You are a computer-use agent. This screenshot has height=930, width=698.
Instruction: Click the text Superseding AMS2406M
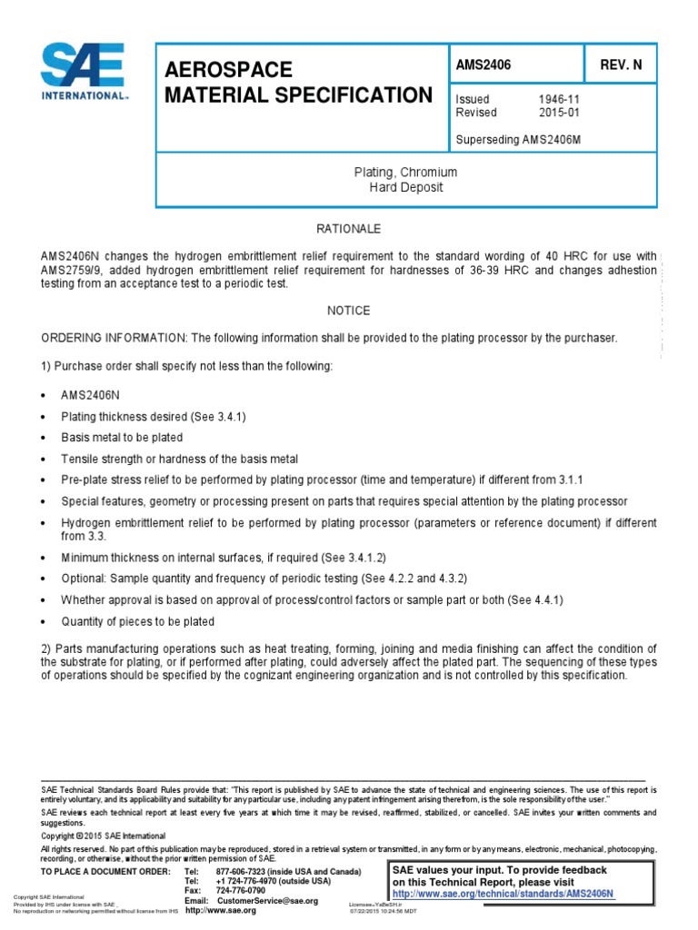pyautogui.click(x=513, y=139)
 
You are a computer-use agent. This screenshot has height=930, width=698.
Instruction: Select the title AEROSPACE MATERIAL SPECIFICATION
pyautogui.click(x=296, y=84)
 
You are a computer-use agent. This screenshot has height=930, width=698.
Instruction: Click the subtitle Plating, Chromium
pyautogui.click(x=404, y=173)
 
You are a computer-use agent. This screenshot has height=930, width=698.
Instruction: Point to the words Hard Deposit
pyautogui.click(x=404, y=187)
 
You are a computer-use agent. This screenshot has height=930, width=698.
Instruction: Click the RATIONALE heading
pyautogui.click(x=348, y=228)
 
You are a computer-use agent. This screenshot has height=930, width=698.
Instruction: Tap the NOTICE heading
pyautogui.click(x=348, y=311)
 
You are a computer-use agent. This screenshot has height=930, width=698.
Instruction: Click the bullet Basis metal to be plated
pyautogui.click(x=122, y=437)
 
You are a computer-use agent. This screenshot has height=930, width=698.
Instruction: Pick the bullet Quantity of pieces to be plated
pyautogui.click(x=137, y=621)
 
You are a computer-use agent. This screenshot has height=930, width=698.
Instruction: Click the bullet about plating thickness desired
pyautogui.click(x=153, y=415)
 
